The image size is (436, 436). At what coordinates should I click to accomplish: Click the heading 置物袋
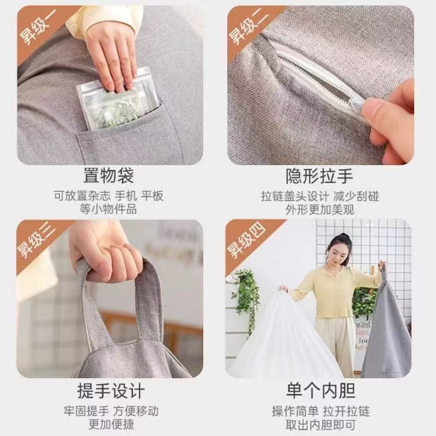point(108,175)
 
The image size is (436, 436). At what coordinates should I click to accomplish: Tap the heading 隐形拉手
point(320,176)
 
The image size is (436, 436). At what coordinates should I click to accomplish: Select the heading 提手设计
point(111,391)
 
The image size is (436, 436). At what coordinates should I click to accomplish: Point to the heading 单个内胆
point(320,391)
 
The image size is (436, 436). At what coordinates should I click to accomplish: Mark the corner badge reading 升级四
point(246,241)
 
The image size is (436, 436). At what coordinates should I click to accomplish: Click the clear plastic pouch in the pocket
point(118,101)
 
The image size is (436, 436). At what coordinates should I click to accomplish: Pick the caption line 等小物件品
point(108,209)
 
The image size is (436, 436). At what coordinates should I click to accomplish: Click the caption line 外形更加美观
point(320,209)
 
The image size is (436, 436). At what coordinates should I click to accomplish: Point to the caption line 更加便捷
point(111,425)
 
